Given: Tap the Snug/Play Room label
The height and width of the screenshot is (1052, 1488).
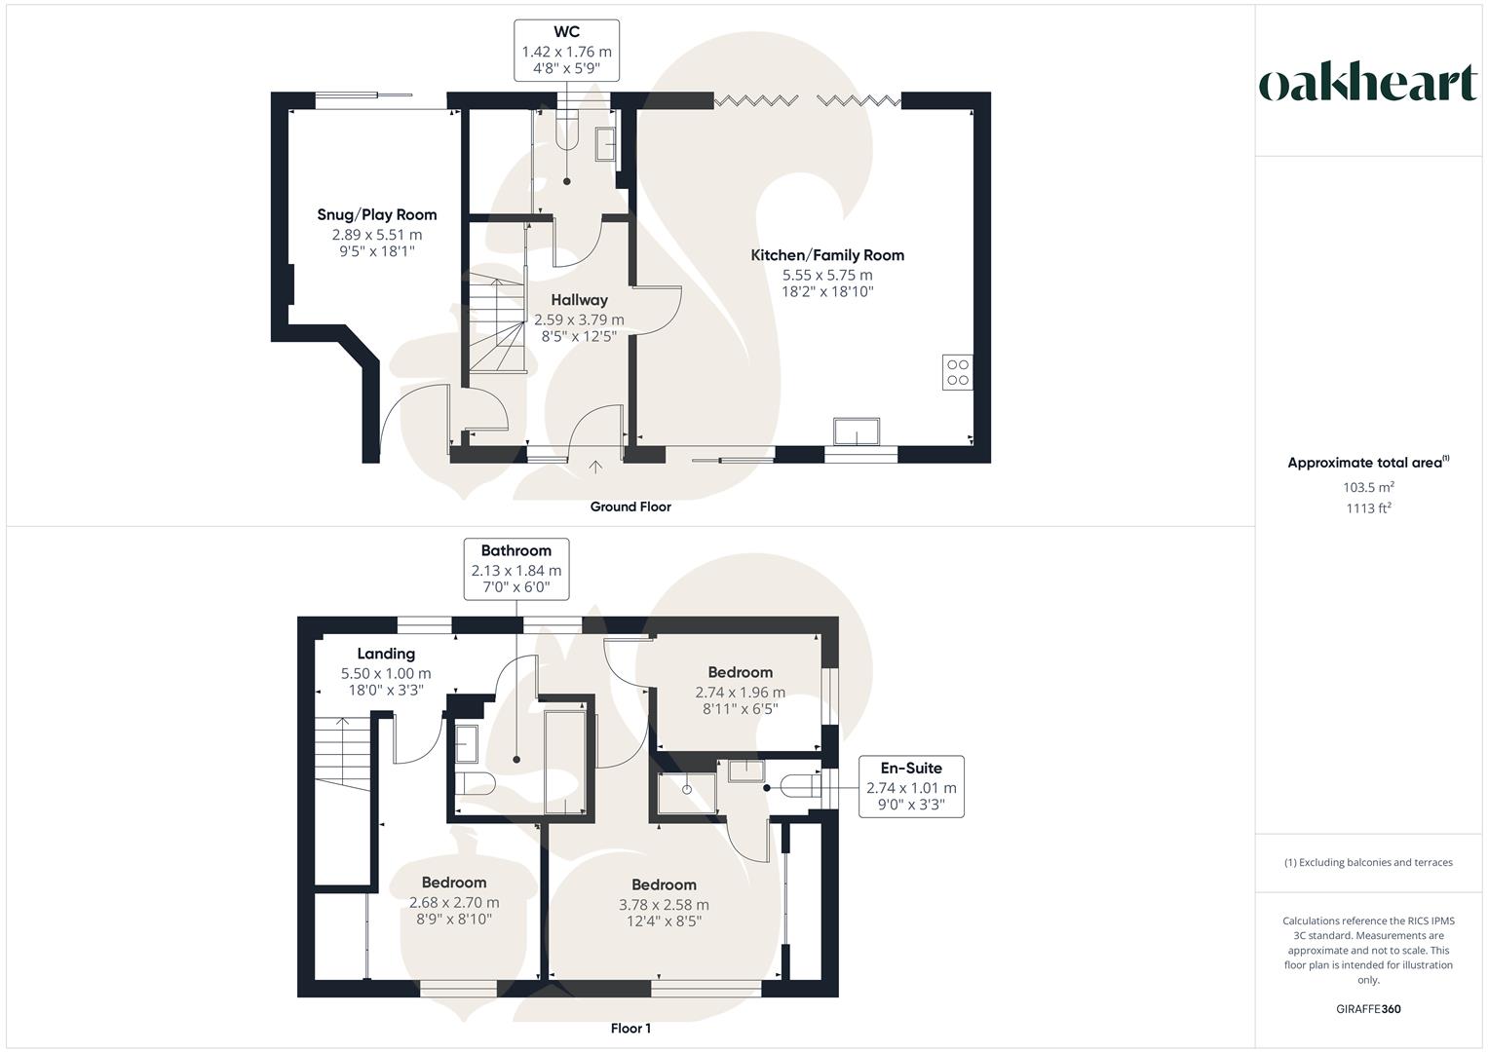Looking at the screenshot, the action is [377, 214].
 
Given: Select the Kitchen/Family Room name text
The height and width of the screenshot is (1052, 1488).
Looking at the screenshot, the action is [827, 255].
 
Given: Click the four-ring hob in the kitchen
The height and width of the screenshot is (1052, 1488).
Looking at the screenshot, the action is [957, 372].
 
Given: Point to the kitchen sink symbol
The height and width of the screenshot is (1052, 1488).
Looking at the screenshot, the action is [857, 431].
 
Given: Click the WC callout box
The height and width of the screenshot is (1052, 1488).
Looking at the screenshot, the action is [566, 51].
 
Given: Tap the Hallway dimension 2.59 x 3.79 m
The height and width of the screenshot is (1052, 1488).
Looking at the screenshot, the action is [579, 319].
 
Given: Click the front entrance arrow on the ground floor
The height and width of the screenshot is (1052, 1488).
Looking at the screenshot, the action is [595, 467].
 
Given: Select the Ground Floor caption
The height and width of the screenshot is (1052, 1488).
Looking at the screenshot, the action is [630, 507].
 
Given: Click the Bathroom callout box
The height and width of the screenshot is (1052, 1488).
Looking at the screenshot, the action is [516, 569].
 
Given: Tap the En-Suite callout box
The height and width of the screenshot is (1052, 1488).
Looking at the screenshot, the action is [911, 786].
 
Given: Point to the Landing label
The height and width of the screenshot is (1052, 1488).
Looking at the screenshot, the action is [386, 654].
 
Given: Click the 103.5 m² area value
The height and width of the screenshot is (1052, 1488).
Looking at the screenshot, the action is [1368, 487].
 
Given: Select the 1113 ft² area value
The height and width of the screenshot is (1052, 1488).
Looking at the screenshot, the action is [1368, 508].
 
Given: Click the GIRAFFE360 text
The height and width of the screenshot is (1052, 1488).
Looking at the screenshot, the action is [1368, 1009].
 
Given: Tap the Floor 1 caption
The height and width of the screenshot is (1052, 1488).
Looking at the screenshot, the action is [630, 1028].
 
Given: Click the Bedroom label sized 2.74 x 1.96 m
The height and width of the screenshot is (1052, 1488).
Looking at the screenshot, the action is [740, 672].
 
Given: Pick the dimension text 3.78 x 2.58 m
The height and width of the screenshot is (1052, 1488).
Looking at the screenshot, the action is [664, 905].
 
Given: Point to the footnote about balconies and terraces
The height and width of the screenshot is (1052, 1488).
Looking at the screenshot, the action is [1368, 862].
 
